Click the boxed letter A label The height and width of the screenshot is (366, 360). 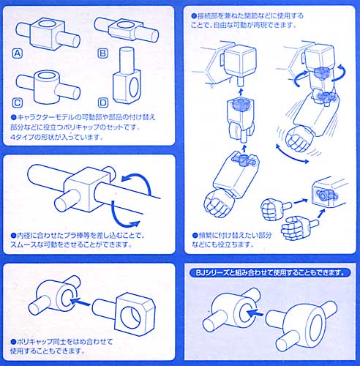tap(17, 53)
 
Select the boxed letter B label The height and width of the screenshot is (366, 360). tap(102, 53)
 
